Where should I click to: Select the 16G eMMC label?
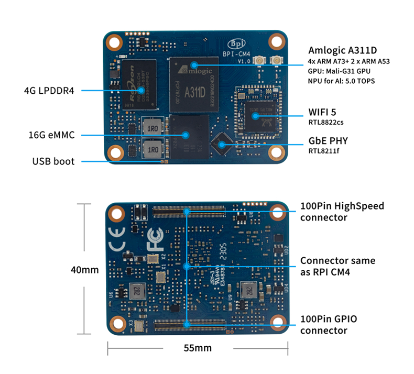tap(51, 135)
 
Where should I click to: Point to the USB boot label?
tap(53, 161)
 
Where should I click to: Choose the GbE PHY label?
tap(328, 141)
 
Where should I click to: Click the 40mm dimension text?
tap(85, 270)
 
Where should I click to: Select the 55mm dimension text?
tap(198, 348)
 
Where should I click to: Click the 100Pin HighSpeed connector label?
tap(342, 211)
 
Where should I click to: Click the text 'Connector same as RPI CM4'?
tap(337, 266)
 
